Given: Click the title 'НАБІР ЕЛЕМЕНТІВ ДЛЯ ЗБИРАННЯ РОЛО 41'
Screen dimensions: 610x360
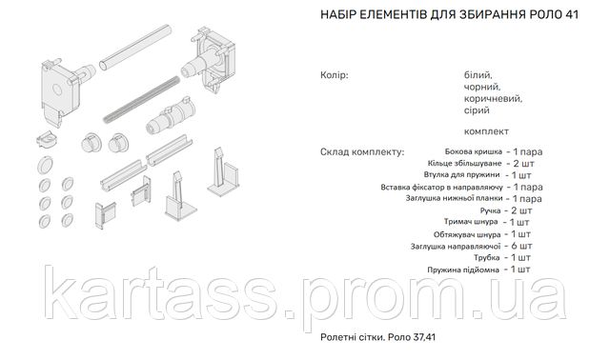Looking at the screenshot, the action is pyautogui.click(x=449, y=15).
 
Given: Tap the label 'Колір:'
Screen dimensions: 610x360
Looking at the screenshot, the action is pyautogui.click(x=335, y=75).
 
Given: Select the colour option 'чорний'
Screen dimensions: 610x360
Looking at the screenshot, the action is pyautogui.click(x=482, y=87).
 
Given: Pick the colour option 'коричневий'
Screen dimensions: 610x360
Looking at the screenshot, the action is pyautogui.click(x=493, y=99).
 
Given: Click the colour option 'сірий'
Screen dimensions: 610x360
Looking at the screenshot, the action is pyautogui.click(x=477, y=110).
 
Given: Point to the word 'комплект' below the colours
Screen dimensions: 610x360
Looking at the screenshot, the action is pyautogui.click(x=486, y=131).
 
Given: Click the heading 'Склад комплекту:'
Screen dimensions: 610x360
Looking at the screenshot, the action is pyautogui.click(x=362, y=152).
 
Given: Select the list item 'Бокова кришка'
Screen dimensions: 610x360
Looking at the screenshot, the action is pyautogui.click(x=474, y=151).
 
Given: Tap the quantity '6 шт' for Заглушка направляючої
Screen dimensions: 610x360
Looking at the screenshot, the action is pyautogui.click(x=521, y=246).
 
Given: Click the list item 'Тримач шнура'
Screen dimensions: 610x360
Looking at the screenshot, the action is pyautogui.click(x=471, y=222).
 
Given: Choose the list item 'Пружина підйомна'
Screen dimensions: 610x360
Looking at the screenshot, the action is pyautogui.click(x=463, y=270).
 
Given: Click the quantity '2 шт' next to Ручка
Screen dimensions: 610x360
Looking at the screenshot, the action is pyautogui.click(x=521, y=210).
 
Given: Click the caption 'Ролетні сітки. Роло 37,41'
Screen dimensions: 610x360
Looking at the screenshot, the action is pyautogui.click(x=377, y=337).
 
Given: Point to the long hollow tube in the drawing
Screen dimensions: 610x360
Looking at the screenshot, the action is pyautogui.click(x=135, y=48).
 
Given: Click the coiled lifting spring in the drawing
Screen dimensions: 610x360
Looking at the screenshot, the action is pyautogui.click(x=141, y=101).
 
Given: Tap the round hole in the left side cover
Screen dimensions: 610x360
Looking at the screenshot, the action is pyautogui.click(x=57, y=90).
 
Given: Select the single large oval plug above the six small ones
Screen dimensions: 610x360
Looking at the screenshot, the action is pyautogui.click(x=45, y=165).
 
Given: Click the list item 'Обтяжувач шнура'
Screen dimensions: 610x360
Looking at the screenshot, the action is pyautogui.click(x=467, y=234).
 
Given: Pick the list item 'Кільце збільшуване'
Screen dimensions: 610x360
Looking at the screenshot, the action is pyautogui.click(x=464, y=163).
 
